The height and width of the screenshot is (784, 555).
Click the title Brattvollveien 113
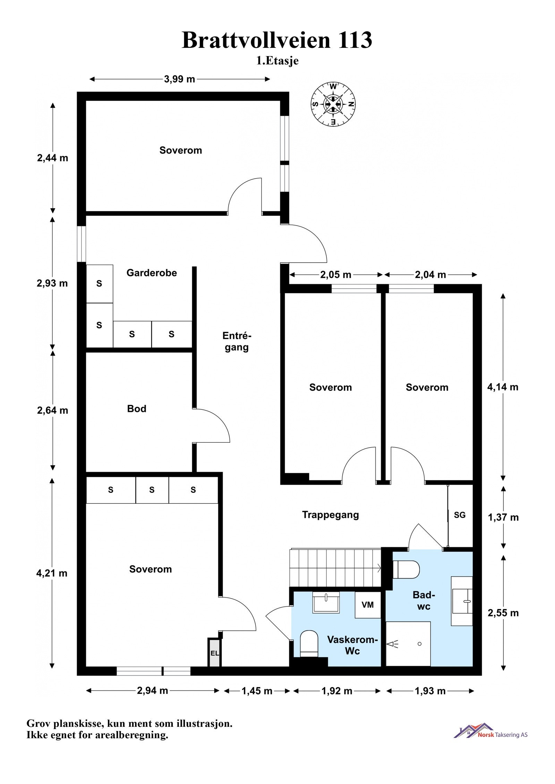click(x=277, y=40)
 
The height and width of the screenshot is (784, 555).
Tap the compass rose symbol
click(x=333, y=104)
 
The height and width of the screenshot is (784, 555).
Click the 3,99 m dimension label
click(x=179, y=79)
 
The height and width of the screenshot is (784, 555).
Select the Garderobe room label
click(x=152, y=273)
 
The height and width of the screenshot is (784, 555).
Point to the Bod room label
click(x=137, y=409)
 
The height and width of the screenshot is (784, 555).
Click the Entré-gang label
click(x=237, y=342)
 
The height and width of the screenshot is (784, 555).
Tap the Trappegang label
click(x=330, y=515)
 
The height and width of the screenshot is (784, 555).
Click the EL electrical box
click(x=214, y=653)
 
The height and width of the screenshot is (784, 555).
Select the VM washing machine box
click(x=368, y=605)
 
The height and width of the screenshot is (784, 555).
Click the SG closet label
click(x=460, y=515)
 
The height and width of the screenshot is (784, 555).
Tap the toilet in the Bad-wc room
click(x=406, y=569)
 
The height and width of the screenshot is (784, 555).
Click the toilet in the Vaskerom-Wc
click(x=309, y=644)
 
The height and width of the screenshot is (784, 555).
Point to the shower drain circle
click(x=420, y=644)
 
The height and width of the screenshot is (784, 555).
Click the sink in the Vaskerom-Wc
click(x=326, y=602)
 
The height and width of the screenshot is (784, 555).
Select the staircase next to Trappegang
click(x=335, y=567)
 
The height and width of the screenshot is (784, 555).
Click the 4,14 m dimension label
click(x=503, y=387)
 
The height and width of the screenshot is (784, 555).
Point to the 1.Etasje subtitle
click(x=277, y=61)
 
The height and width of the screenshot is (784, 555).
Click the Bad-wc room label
click(x=424, y=600)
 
